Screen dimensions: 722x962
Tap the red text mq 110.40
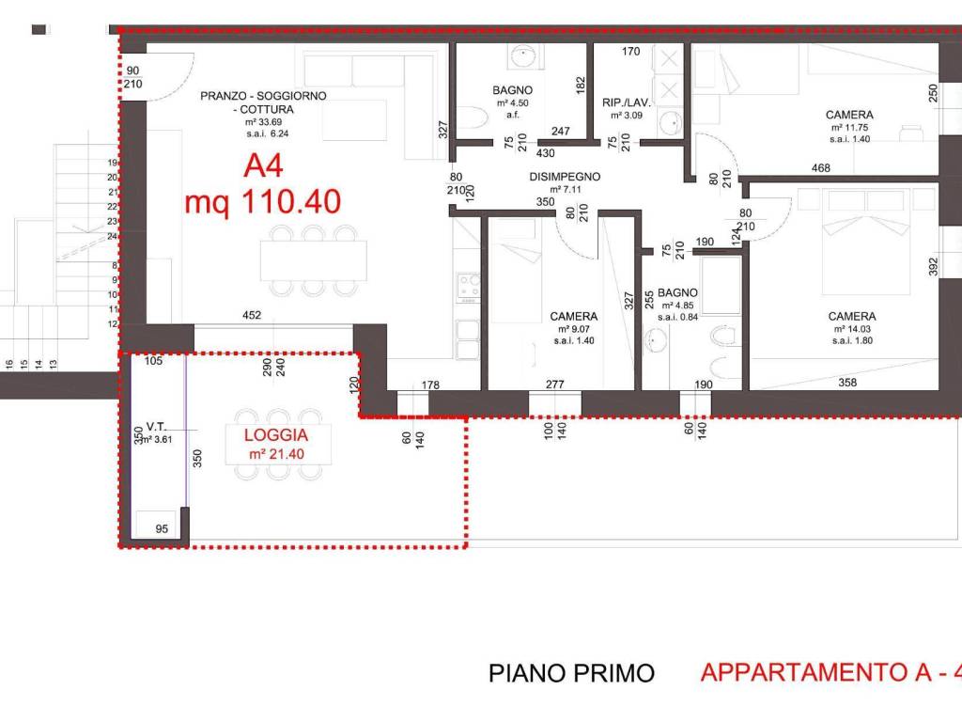pyautogui.click(x=262, y=202)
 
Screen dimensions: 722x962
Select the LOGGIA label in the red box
pyautogui.click(x=275, y=435)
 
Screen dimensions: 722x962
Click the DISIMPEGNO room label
pyautogui.click(x=564, y=176)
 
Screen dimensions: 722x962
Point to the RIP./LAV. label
pyautogui.click(x=626, y=102)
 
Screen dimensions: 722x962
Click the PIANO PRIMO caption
pyautogui.click(x=571, y=673)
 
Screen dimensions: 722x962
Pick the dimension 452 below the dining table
pyautogui.click(x=251, y=316)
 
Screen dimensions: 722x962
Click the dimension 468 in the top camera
pyautogui.click(x=820, y=167)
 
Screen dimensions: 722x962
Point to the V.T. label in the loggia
pyautogui.click(x=156, y=426)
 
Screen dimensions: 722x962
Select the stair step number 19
pyautogui.click(x=112, y=162)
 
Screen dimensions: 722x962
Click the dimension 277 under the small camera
pyautogui.click(x=554, y=383)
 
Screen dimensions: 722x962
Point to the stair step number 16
pyautogui.click(x=9, y=363)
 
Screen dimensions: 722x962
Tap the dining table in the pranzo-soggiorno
pyautogui.click(x=313, y=259)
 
